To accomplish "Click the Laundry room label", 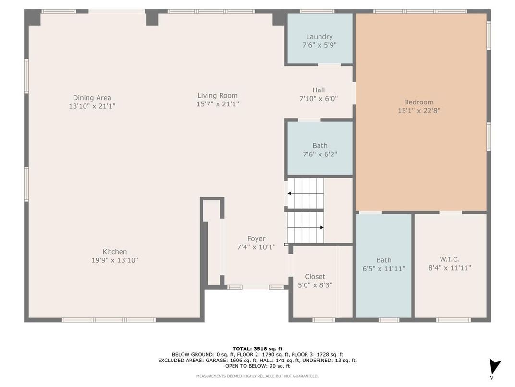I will pyautogui.click(x=319, y=37).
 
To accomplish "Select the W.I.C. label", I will pyautogui.click(x=450, y=259).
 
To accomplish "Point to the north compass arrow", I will pyautogui.click(x=494, y=365).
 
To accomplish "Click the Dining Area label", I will pyautogui.click(x=92, y=98).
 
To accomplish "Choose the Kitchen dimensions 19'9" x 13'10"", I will pyautogui.click(x=114, y=260).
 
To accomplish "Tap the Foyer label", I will pyautogui.click(x=256, y=239).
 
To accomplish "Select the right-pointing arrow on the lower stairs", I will pyautogui.click(x=321, y=227).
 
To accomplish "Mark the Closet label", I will pyautogui.click(x=315, y=277).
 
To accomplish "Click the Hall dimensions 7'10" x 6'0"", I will pyautogui.click(x=318, y=98).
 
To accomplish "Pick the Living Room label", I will pyautogui.click(x=217, y=96).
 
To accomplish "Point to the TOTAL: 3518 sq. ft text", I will pyautogui.click(x=257, y=348).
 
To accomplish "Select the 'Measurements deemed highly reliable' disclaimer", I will pyautogui.click(x=257, y=376).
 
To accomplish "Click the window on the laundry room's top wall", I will pyautogui.click(x=317, y=11).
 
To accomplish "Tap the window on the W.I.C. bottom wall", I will pyautogui.click(x=453, y=320).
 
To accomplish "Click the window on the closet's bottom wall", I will pyautogui.click(x=323, y=320).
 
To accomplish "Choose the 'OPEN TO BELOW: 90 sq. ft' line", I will pyautogui.click(x=257, y=366).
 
